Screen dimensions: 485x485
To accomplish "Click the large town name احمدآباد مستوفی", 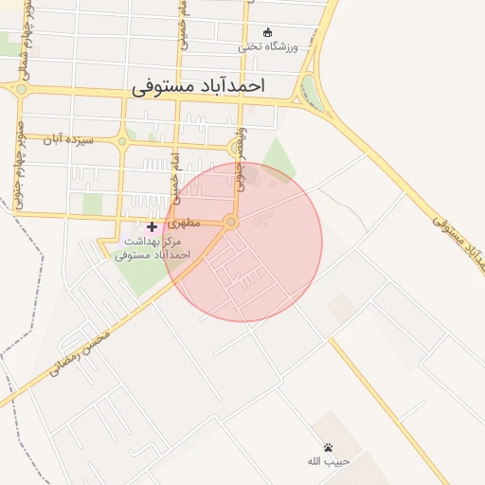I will (x=198, y=85).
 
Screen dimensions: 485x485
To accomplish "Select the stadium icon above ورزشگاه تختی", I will (x=267, y=31).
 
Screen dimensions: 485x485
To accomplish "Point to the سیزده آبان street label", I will (x=72, y=139).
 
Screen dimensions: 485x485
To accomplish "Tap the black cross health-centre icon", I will (x=152, y=226).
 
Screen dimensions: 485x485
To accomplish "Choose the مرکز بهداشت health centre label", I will (x=153, y=248).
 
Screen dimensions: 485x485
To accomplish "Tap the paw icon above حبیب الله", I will (x=328, y=447).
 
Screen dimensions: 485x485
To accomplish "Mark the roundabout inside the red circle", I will (x=230, y=222).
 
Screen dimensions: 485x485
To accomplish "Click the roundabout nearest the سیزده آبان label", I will (x=122, y=142).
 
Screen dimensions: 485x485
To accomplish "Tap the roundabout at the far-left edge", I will (x=20, y=89).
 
